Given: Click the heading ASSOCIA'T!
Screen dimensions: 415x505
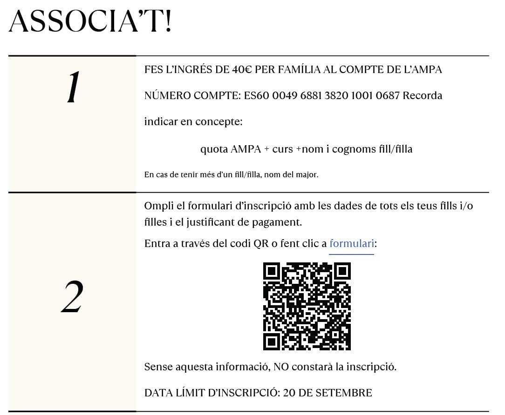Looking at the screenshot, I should (x=90, y=21).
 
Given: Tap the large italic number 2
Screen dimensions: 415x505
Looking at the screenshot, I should (x=72, y=297).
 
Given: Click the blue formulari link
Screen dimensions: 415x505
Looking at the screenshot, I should (x=351, y=243).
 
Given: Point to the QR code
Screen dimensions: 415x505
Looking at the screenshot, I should (x=307, y=306).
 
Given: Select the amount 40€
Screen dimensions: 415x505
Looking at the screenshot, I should (x=243, y=70).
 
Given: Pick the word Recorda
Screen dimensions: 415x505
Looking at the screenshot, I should (x=422, y=96).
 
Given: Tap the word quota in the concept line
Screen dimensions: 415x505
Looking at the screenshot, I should (x=214, y=149).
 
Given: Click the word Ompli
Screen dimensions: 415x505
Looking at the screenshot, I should (x=157, y=206).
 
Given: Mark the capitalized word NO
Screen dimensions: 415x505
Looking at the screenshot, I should (x=281, y=367).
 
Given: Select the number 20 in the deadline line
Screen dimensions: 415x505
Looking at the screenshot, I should (x=289, y=393).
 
